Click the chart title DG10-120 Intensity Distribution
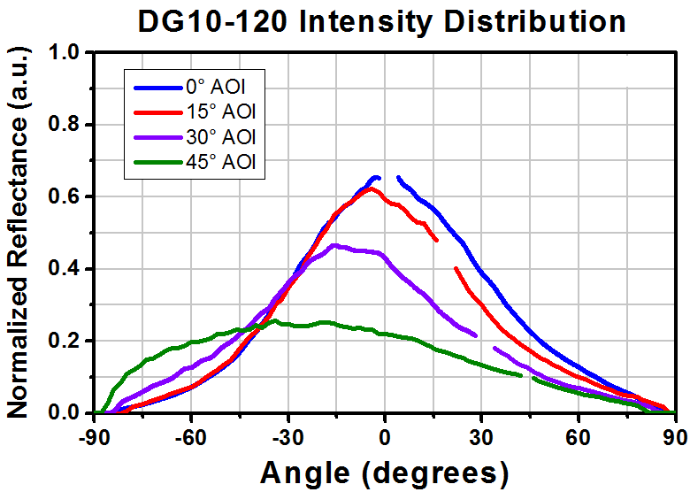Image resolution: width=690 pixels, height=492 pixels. coord(381,22)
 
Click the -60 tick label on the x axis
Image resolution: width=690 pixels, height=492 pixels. coord(190,438)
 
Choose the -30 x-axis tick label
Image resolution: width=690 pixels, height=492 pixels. coord(287,438)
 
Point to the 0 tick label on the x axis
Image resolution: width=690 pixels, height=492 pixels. coord(385,438)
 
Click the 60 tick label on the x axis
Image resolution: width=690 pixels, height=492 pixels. coord(579,438)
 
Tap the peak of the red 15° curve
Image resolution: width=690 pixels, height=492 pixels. coord(371,188)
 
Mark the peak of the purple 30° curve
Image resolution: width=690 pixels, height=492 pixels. coord(334,245)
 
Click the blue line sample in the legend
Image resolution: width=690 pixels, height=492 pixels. coord(158,88)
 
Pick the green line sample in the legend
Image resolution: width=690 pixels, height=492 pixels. coord(158,163)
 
